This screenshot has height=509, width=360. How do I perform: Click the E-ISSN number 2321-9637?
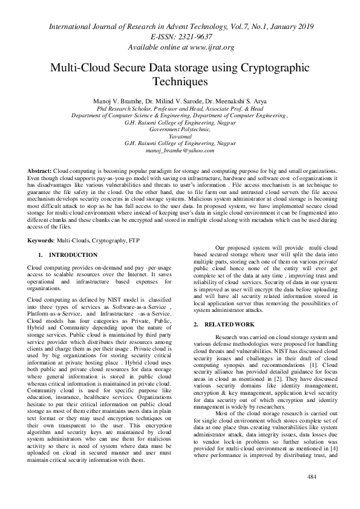190,36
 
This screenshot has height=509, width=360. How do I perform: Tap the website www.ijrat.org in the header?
206,47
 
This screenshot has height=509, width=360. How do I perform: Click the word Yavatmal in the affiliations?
180,136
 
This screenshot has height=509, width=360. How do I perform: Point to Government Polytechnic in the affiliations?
180,129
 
